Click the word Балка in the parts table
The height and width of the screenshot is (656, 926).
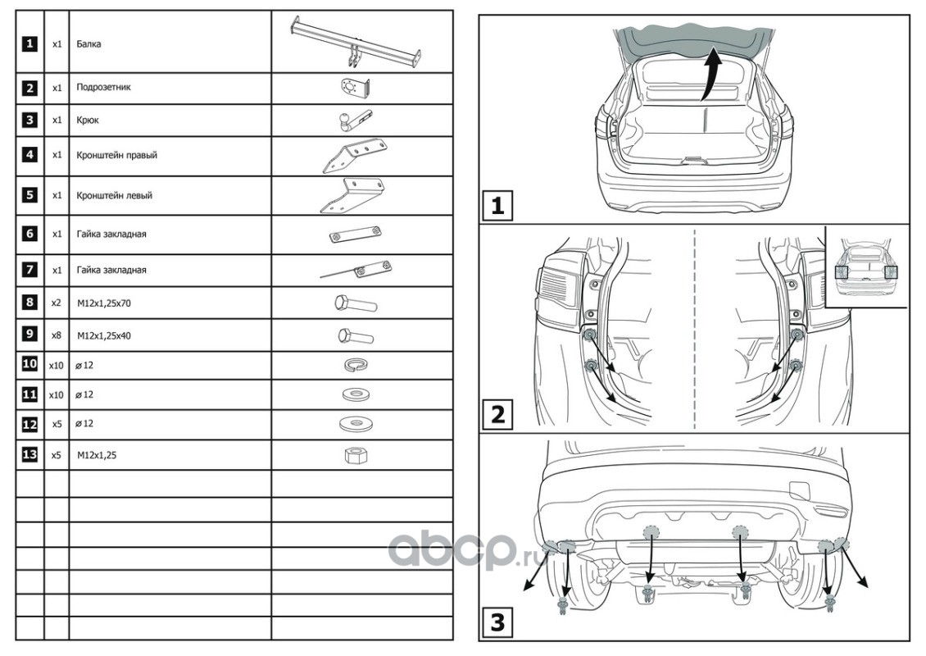pyautogui.click(x=88, y=43)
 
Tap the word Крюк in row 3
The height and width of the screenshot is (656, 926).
pyautogui.click(x=88, y=120)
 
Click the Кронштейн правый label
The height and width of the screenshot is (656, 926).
pyautogui.click(x=116, y=155)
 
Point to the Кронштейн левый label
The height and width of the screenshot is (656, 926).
pyautogui.click(x=115, y=196)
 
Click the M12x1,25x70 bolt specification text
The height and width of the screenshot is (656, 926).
pyautogui.click(x=104, y=303)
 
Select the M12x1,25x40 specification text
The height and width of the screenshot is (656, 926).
pyautogui.click(x=104, y=335)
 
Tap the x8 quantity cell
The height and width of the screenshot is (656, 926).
pyautogui.click(x=57, y=335)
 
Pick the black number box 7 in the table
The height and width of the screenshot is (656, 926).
pyautogui.click(x=30, y=270)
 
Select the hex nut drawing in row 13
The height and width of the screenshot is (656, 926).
pyautogui.click(x=354, y=454)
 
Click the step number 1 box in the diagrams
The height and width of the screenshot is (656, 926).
pyautogui.click(x=497, y=205)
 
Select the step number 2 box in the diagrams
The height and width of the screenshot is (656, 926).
pyautogui.click(x=497, y=414)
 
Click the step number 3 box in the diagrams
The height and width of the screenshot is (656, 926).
pyautogui.click(x=497, y=622)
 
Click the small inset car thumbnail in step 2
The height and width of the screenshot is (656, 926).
pyautogui.click(x=866, y=269)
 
